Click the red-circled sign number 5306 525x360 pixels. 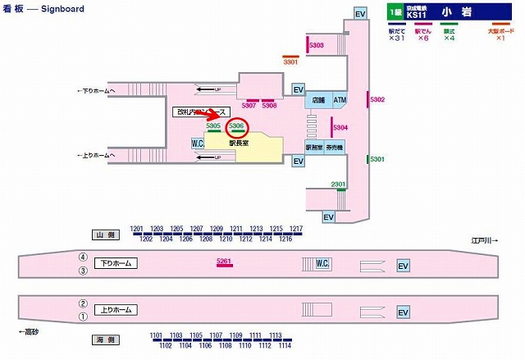(236, 125)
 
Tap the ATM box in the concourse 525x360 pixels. (340, 100)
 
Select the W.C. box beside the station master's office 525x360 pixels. (198, 144)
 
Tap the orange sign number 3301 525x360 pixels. (290, 62)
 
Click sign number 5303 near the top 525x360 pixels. (317, 45)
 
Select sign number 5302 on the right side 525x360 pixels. (377, 99)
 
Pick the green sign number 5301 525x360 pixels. (377, 158)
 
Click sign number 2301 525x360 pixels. (338, 184)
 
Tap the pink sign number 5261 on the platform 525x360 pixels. (225, 261)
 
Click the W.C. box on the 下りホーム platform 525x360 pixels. (323, 263)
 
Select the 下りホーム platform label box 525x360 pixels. (116, 263)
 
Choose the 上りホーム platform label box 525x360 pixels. (116, 310)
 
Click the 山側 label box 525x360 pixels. (107, 235)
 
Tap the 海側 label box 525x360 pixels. (107, 339)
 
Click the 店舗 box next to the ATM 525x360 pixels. (318, 100)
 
